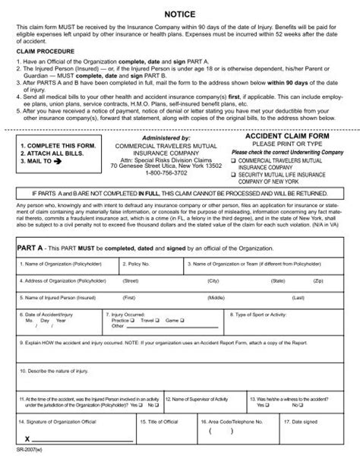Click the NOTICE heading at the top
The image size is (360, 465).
coord(180,13)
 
